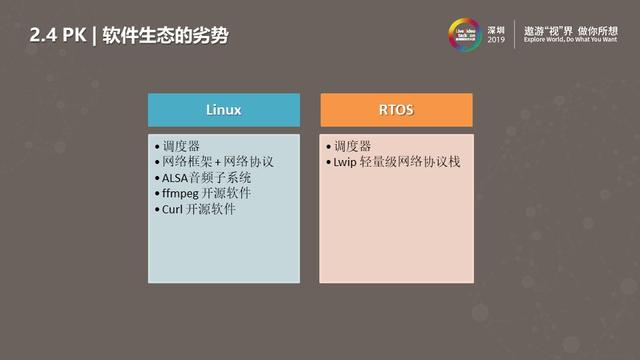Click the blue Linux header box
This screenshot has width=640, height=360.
point(224,108)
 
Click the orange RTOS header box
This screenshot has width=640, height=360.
point(396,108)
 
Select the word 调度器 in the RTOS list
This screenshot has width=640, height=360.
point(352,146)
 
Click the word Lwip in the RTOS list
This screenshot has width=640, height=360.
point(345,162)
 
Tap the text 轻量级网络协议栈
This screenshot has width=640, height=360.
point(409,162)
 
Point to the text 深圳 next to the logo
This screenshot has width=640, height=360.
point(497,27)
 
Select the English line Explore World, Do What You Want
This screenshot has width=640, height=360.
point(575,42)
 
